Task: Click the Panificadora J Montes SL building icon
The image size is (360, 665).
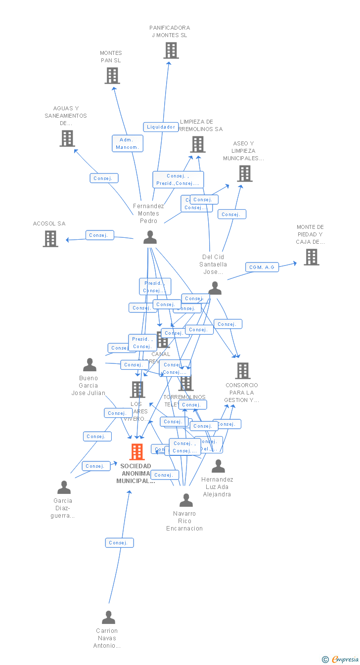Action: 171,50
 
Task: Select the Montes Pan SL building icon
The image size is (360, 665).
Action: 112,76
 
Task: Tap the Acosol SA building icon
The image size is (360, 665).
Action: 50,239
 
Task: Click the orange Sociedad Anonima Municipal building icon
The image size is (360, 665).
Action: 137,452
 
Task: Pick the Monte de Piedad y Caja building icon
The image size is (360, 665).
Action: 312,257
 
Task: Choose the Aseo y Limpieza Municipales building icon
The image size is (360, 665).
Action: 245,174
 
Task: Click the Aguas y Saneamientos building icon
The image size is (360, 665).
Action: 67,138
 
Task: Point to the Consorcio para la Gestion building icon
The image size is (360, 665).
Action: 242,371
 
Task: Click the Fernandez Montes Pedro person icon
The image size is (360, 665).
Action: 150,237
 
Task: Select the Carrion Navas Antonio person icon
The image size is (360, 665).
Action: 108,618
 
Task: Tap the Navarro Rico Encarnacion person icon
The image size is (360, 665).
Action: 186,500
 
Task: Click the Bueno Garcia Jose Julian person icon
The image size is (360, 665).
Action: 90,365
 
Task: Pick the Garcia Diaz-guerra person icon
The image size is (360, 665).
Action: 64,488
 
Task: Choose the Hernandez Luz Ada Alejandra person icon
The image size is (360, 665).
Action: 218,466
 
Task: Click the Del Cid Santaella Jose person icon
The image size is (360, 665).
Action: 215,288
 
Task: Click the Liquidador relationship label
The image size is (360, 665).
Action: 161,127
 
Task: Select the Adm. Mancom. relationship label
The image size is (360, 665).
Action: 128,143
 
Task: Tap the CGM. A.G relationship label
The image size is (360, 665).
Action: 262,267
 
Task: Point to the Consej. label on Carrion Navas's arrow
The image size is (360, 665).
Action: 119,543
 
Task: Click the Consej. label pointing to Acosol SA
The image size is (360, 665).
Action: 99,235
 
